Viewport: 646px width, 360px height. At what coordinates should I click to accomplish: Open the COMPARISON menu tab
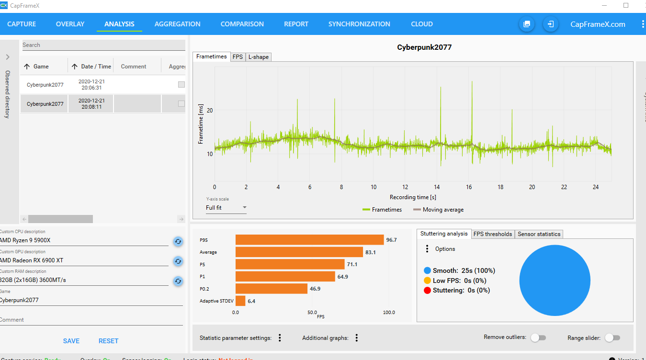[x=242, y=24]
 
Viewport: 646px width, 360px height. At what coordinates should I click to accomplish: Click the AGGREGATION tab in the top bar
[x=177, y=24]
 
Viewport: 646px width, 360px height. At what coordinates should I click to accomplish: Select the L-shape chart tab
[x=259, y=57]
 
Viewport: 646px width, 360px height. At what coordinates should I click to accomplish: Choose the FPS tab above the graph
[x=238, y=57]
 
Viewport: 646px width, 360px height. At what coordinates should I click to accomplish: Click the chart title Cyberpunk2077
[x=424, y=47]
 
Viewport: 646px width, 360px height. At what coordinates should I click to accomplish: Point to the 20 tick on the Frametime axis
[x=210, y=110]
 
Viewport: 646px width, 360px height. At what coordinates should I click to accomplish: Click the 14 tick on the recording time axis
[x=437, y=187]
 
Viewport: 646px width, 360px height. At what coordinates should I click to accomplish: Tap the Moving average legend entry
[x=438, y=210]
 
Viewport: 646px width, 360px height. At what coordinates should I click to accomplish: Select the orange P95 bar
[x=309, y=240]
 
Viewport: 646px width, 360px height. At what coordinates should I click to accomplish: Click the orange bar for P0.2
[x=271, y=289]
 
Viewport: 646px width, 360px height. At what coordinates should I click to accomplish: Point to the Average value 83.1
[x=371, y=252]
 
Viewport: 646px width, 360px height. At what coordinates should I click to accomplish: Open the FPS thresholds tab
[x=493, y=234]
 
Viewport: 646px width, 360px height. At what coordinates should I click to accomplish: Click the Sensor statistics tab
[x=539, y=234]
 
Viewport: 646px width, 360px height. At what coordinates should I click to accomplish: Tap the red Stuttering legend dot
[x=427, y=290]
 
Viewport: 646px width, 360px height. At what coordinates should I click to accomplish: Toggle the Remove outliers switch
[x=538, y=338]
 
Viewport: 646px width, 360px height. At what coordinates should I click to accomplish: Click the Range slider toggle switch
[x=612, y=338]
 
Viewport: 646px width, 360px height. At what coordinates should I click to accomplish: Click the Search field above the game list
[x=103, y=45]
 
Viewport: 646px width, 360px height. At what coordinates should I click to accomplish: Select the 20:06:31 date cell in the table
[x=91, y=85]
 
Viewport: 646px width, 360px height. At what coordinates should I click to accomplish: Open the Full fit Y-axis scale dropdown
[x=226, y=208]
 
